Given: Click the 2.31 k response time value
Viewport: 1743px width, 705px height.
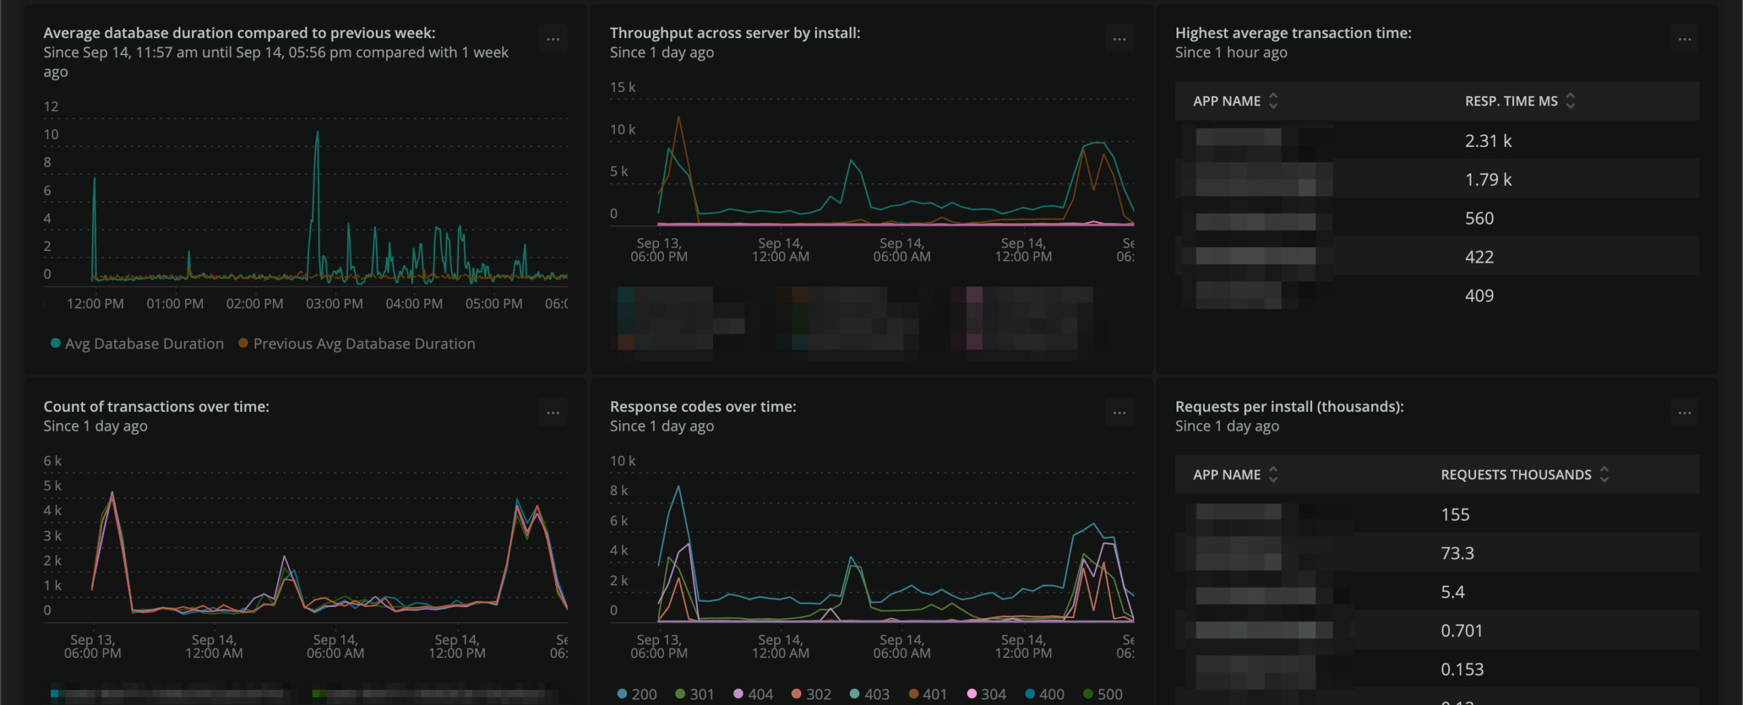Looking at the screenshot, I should click(x=1488, y=141).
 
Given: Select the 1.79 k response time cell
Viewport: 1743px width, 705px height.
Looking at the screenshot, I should click(x=1488, y=180).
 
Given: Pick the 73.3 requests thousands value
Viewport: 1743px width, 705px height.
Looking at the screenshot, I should click(x=1457, y=553).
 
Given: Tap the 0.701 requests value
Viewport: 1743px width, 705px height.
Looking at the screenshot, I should click(x=1461, y=631).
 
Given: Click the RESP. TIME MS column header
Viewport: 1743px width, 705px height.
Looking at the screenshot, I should click(x=1511, y=101).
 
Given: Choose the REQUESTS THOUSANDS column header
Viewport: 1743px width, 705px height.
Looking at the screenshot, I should click(x=1516, y=475).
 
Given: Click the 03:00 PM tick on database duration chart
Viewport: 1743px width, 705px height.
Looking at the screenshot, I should click(x=334, y=304).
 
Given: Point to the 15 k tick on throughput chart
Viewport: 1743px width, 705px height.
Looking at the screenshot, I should click(x=622, y=87).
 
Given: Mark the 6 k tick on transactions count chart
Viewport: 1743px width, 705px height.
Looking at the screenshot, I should click(x=52, y=461).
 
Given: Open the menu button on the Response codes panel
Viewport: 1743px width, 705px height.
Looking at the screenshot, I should click(x=1119, y=413).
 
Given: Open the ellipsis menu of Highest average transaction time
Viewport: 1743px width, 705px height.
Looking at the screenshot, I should click(x=1684, y=39).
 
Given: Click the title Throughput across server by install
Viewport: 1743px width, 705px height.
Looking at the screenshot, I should click(x=735, y=33).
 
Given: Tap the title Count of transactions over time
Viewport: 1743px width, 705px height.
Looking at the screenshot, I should click(x=157, y=406).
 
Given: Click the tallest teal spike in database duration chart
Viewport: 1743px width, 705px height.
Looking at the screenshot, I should click(x=317, y=133).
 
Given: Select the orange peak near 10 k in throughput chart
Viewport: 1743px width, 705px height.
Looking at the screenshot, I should click(x=678, y=118).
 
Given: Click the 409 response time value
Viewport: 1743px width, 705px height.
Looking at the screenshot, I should click(x=1479, y=296).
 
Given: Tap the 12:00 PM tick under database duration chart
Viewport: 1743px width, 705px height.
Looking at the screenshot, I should click(x=95, y=304).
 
